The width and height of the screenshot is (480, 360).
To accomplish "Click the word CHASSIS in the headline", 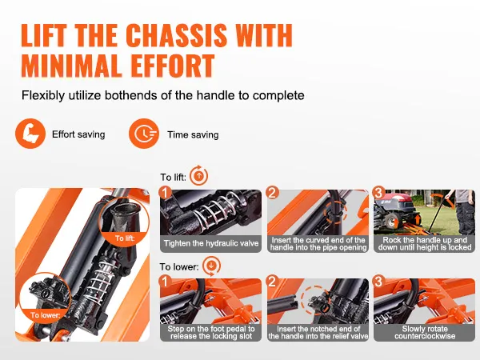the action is (x=176, y=35).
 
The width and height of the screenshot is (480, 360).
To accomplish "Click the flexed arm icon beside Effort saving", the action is (x=30, y=134).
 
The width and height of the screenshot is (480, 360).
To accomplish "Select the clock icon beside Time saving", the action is (x=144, y=134).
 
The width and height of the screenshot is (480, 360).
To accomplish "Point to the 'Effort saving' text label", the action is (x=78, y=134).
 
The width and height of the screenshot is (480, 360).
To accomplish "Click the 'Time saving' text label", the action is (x=193, y=134).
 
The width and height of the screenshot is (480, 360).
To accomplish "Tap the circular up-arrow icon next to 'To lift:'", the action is (x=198, y=176).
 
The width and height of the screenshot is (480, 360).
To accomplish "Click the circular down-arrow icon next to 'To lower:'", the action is (x=211, y=266).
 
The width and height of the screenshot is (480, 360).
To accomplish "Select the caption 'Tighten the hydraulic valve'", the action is (x=211, y=243).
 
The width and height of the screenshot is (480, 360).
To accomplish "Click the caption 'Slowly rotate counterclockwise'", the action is (x=425, y=333).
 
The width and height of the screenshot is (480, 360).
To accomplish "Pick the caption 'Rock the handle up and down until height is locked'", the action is (x=425, y=244).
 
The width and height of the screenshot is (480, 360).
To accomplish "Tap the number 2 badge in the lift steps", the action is (x=273, y=193).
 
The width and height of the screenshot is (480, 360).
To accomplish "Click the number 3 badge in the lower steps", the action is (x=379, y=282).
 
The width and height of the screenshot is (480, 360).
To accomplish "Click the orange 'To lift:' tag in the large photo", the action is (x=125, y=238).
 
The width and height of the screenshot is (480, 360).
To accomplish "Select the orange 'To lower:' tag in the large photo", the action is (x=46, y=314).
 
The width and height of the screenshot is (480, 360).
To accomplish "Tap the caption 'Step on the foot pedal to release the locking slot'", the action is (x=211, y=333).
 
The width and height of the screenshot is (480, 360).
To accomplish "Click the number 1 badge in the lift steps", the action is (x=166, y=193).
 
